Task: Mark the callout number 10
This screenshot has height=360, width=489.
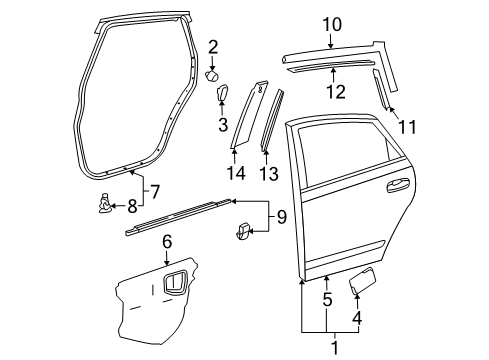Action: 331,24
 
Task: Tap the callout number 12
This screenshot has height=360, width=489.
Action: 337,92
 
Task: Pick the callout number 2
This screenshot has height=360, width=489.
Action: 212,45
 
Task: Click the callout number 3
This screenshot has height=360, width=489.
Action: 224,125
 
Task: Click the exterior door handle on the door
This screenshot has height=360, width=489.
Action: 396,183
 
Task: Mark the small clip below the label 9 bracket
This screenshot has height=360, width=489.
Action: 241,234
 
